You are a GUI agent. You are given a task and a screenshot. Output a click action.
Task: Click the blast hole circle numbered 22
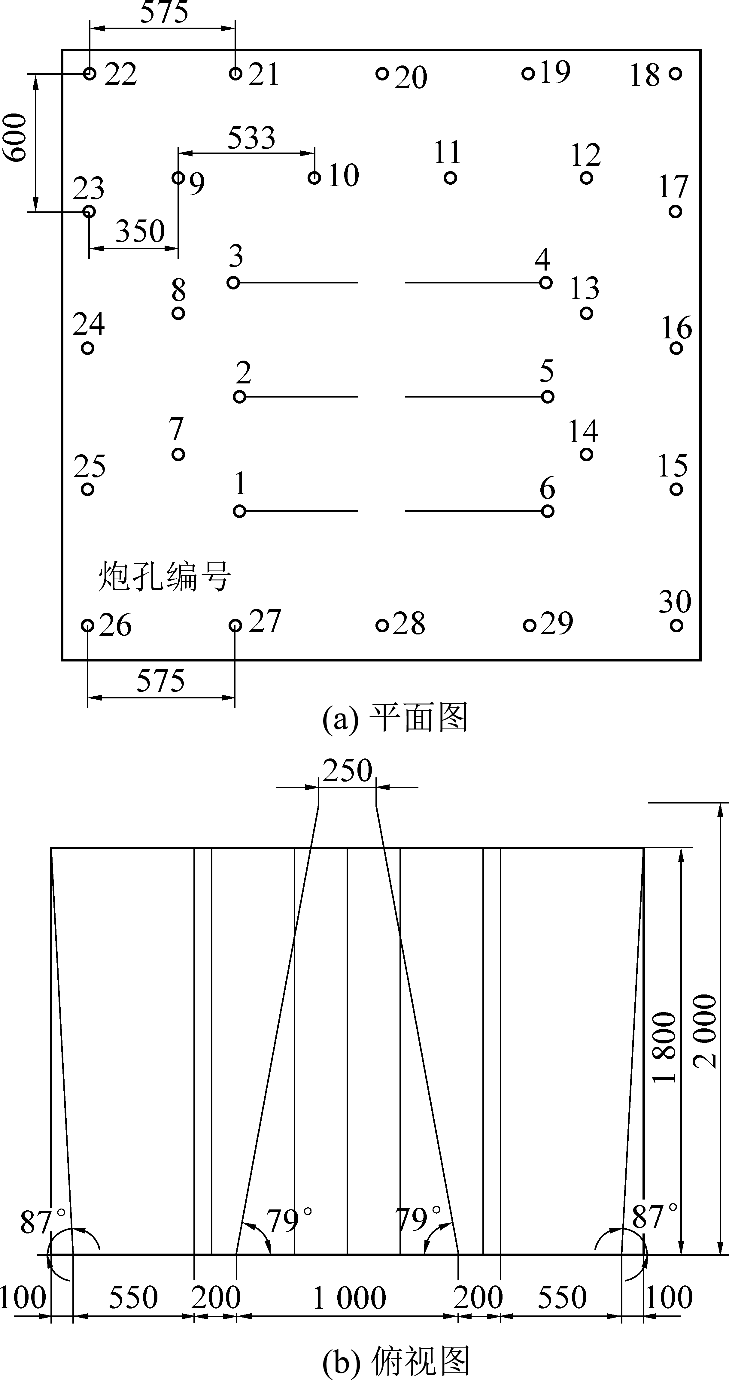tap(90, 73)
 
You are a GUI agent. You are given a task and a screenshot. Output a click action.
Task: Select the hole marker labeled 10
tap(314, 177)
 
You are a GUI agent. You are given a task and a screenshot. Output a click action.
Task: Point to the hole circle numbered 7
tap(178, 454)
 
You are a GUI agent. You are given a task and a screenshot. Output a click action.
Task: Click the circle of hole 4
tap(545, 283)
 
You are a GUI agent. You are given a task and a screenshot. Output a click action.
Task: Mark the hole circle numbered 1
tap(240, 511)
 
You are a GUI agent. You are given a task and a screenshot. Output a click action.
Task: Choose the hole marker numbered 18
tap(675, 73)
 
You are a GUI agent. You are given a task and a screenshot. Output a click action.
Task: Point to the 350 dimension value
tap(140, 232)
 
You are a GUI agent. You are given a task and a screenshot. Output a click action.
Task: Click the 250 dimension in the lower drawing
tap(347, 770)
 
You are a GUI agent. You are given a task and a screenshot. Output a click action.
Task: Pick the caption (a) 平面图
tap(395, 718)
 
